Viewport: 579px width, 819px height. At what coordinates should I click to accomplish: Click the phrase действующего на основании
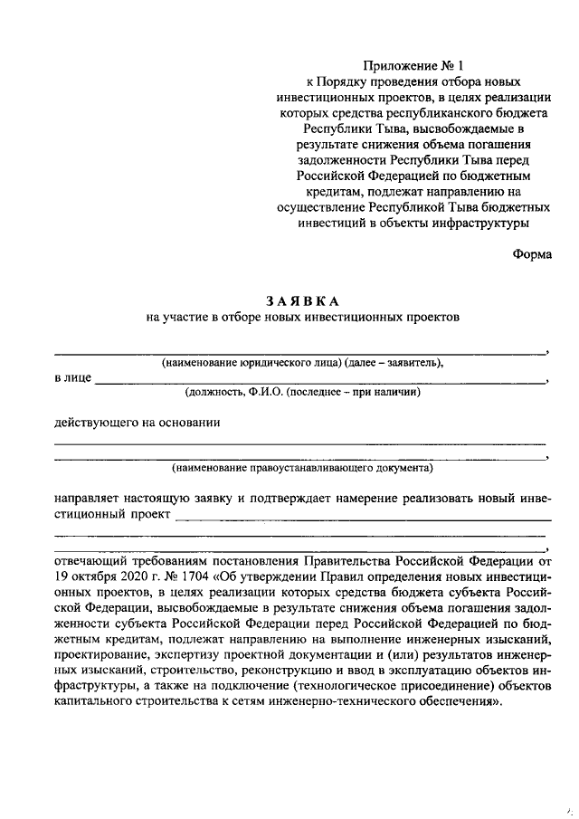(x=138, y=422)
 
